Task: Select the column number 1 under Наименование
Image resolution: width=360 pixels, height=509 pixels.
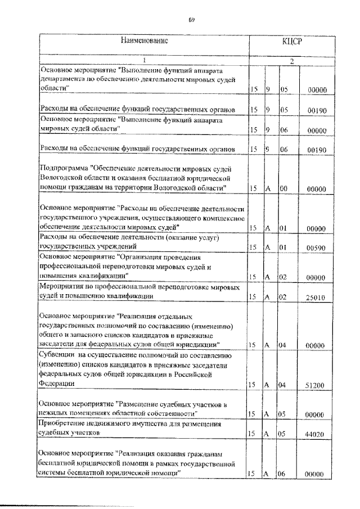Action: pyautogui.click(x=145, y=61)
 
